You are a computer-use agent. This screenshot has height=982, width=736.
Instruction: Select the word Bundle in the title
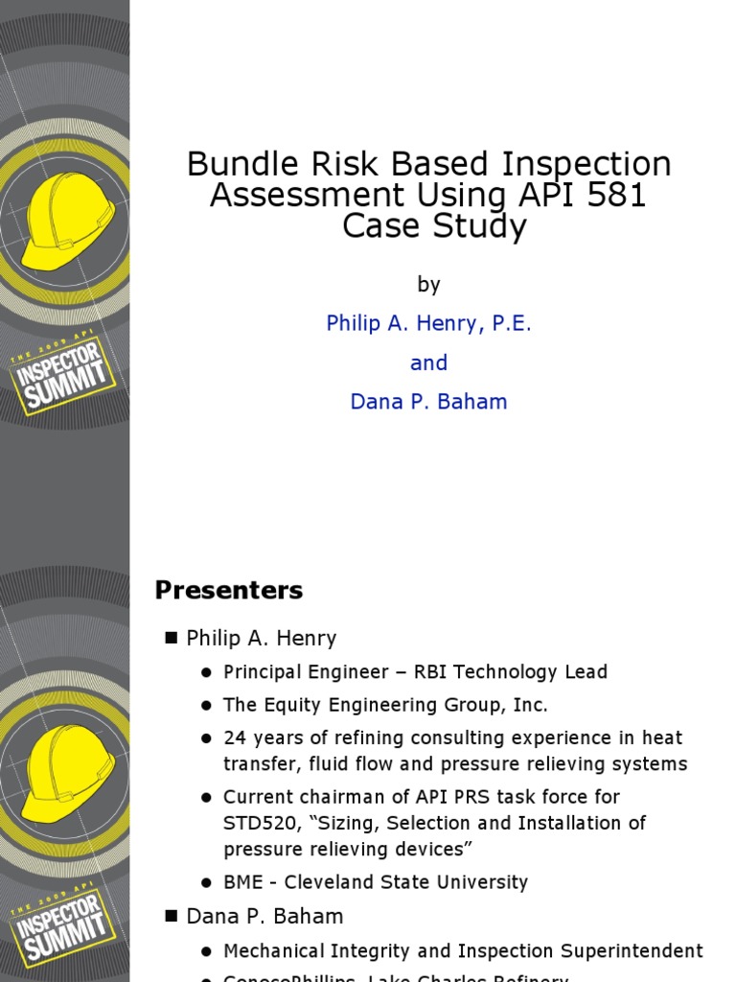(x=241, y=164)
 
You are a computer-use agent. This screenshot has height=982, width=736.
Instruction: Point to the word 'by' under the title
(x=428, y=284)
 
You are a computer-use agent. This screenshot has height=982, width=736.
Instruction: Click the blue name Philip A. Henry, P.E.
(x=428, y=324)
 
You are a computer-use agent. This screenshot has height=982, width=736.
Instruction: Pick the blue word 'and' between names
(x=428, y=363)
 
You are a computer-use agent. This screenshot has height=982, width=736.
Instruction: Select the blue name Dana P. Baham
(x=428, y=403)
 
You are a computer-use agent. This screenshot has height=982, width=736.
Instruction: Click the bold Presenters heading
(x=229, y=591)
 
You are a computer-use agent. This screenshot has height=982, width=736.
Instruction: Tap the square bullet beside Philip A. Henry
(x=172, y=638)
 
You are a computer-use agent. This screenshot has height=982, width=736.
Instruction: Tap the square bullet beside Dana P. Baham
(x=172, y=917)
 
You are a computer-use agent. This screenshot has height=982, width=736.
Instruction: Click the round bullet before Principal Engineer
(x=206, y=673)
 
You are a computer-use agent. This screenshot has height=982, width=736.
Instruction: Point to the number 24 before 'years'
(x=235, y=738)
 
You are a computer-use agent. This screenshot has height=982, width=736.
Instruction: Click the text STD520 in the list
(x=254, y=823)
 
